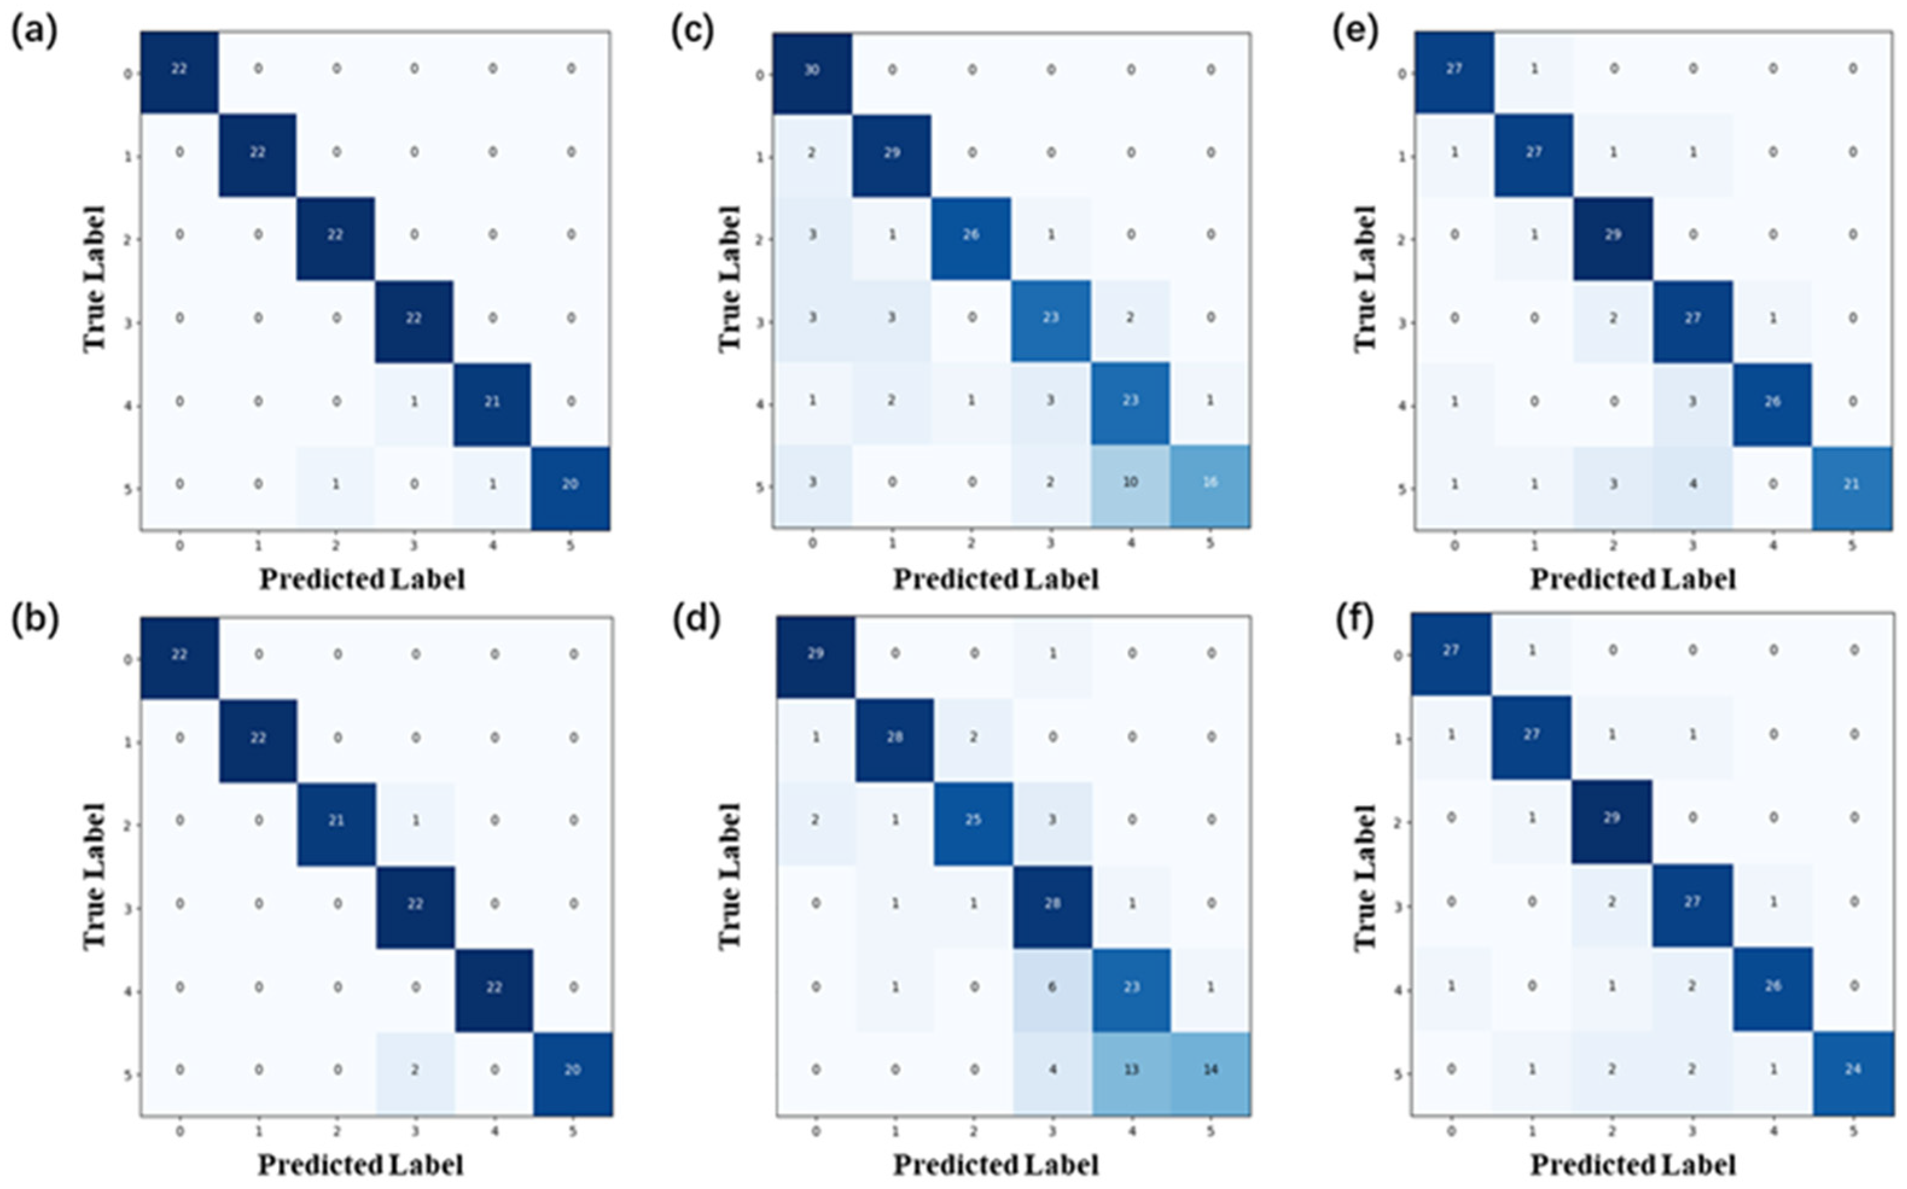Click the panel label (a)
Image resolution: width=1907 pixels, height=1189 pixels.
(x=34, y=33)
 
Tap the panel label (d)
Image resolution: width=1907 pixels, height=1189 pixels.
(x=694, y=621)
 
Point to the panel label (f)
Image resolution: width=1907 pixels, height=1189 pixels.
(x=1355, y=621)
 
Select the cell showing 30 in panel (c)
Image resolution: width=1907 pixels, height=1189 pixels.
(x=811, y=71)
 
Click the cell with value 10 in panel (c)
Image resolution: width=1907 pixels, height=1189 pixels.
(x=1130, y=482)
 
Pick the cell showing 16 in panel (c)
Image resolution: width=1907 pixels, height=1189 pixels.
(x=1210, y=482)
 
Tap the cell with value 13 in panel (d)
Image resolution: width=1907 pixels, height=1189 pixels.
(x=1131, y=1070)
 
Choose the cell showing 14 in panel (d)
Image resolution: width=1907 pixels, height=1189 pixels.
(x=1210, y=1070)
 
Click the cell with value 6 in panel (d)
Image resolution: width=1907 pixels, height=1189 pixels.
(x=1052, y=987)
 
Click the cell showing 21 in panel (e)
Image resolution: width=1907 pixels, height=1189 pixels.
(x=1852, y=483)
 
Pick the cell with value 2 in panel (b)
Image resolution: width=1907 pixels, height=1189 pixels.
(x=415, y=1070)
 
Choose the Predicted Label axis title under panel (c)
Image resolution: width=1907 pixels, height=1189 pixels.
(x=995, y=579)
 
